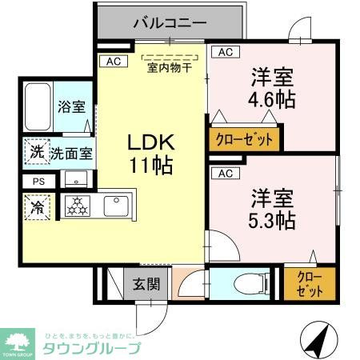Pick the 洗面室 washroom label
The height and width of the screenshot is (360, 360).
coord(71,152)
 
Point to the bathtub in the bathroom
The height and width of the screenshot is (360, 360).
coord(37,107)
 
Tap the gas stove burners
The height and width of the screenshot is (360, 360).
coord(78,206)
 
